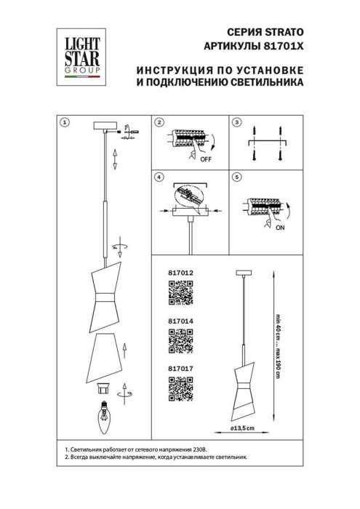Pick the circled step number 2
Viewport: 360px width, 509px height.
coord(159,121)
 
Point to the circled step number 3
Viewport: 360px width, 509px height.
coord(236,121)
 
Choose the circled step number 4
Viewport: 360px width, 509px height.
coord(159,177)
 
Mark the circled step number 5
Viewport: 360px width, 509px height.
coord(236,177)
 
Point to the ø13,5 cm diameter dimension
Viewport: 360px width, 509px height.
coord(243,429)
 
